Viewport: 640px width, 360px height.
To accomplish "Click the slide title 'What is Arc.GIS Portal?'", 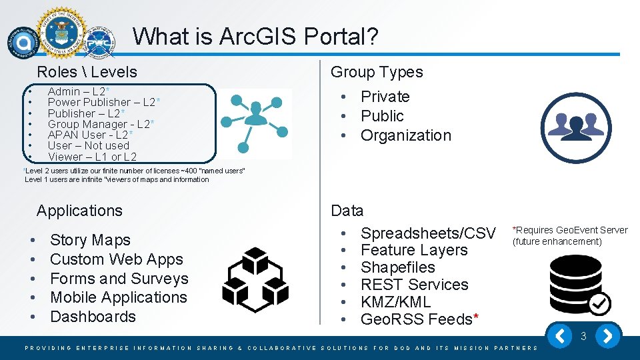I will (255, 36).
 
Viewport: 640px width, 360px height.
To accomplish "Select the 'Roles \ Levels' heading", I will (87, 72).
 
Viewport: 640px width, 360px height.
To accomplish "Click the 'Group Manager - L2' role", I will (99, 124).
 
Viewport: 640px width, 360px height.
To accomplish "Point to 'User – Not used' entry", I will (88, 145).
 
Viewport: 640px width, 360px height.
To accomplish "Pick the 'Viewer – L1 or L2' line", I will (92, 157).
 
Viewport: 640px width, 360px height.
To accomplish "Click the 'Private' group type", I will (385, 97).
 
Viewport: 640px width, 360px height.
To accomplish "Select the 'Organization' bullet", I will (405, 135).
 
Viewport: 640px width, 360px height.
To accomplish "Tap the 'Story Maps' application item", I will (90, 240).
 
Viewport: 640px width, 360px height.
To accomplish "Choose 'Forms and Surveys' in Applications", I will (119, 279).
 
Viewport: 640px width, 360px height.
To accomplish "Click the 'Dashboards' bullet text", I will (93, 317).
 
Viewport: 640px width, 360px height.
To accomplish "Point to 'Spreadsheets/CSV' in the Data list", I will (428, 233).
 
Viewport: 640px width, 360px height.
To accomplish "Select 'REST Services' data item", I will (414, 285).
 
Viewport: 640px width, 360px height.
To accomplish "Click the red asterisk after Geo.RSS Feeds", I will (475, 318).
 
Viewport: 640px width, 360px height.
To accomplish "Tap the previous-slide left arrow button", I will (561, 336).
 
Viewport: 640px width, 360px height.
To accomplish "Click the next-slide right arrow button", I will (607, 336).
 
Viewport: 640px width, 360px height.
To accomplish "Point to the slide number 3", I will (583, 337).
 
